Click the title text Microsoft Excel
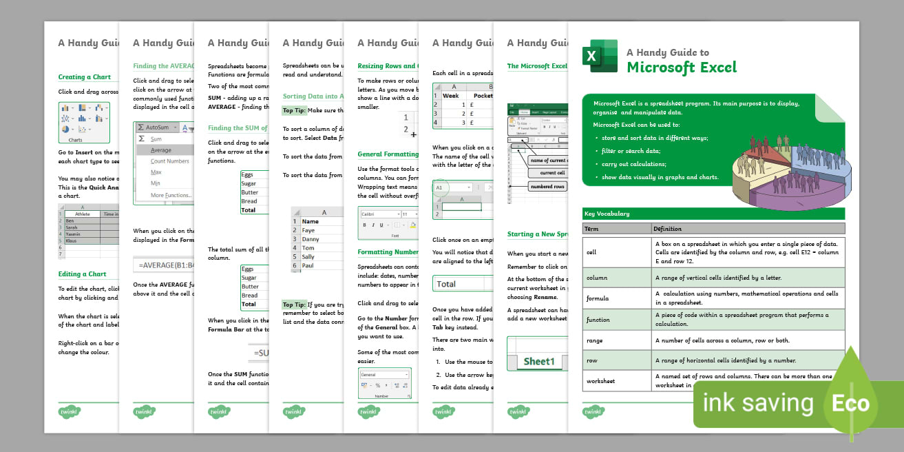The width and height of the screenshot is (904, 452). pyautogui.click(x=681, y=68)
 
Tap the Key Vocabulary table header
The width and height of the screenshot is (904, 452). pyautogui.click(x=606, y=214)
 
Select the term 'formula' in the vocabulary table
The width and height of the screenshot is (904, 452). pyautogui.click(x=597, y=298)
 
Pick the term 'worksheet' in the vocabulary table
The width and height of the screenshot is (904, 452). pyautogui.click(x=600, y=380)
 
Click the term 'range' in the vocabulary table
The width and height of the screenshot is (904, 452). pyautogui.click(x=594, y=340)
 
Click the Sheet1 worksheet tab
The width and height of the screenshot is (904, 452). pyautogui.click(x=538, y=361)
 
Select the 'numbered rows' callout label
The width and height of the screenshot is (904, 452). pyautogui.click(x=547, y=186)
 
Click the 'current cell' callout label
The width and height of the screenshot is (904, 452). pyautogui.click(x=551, y=173)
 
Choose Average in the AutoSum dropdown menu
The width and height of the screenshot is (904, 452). pyautogui.click(x=161, y=150)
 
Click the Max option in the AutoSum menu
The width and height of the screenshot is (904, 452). pyautogui.click(x=156, y=172)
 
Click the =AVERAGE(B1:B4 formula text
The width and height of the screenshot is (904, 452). pyautogui.click(x=162, y=265)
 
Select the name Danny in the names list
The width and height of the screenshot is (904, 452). pyautogui.click(x=311, y=239)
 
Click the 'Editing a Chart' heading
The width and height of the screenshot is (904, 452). pyautogui.click(x=82, y=274)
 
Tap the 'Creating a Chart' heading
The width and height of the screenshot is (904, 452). pyautogui.click(x=84, y=77)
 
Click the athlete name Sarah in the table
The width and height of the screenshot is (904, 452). pyautogui.click(x=72, y=226)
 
